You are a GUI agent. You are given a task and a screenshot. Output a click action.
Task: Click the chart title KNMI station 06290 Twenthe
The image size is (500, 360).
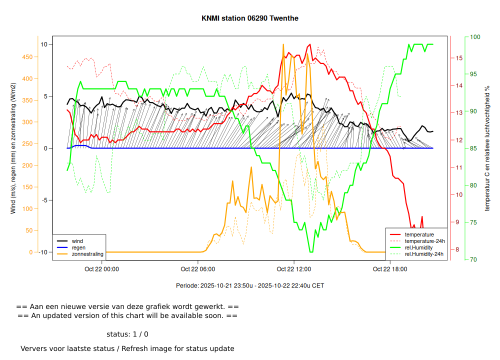[250, 18]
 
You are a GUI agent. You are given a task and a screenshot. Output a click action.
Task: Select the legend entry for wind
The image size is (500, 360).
[77, 241]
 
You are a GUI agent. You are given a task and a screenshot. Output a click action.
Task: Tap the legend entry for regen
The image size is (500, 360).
[78, 247]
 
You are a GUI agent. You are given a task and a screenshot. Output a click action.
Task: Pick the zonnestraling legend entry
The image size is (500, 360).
[87, 254]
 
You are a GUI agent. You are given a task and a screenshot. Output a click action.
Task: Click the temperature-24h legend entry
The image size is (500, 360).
[424, 241]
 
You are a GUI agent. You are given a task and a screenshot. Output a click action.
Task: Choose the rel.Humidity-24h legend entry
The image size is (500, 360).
[424, 254]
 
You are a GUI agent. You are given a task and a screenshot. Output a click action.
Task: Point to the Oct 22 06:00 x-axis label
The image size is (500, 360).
[198, 269]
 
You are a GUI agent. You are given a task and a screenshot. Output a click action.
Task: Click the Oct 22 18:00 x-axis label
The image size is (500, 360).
[390, 269]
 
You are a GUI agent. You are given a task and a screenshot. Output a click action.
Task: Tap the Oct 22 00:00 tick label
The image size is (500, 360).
[102, 269]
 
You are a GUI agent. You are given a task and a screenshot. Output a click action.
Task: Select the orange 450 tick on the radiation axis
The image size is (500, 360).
[27, 57]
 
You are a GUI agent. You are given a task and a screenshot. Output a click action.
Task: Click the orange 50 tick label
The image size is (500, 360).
[29, 230]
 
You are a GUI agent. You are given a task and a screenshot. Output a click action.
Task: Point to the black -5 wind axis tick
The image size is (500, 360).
[43, 200]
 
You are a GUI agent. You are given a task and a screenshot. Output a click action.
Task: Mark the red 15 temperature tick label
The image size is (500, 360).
[459, 58]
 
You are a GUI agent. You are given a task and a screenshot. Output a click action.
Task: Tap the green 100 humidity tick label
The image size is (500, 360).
[474, 37]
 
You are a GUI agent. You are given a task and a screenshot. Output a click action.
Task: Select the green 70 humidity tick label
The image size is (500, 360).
[473, 259]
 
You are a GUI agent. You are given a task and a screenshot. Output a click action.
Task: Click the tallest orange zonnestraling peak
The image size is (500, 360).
[283, 44]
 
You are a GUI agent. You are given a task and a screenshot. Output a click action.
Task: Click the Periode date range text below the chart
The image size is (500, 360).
[250, 286]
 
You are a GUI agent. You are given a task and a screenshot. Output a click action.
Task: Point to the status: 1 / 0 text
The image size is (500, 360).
[127, 334]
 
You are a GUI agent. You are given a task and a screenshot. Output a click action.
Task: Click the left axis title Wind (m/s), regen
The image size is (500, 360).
[13, 148]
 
